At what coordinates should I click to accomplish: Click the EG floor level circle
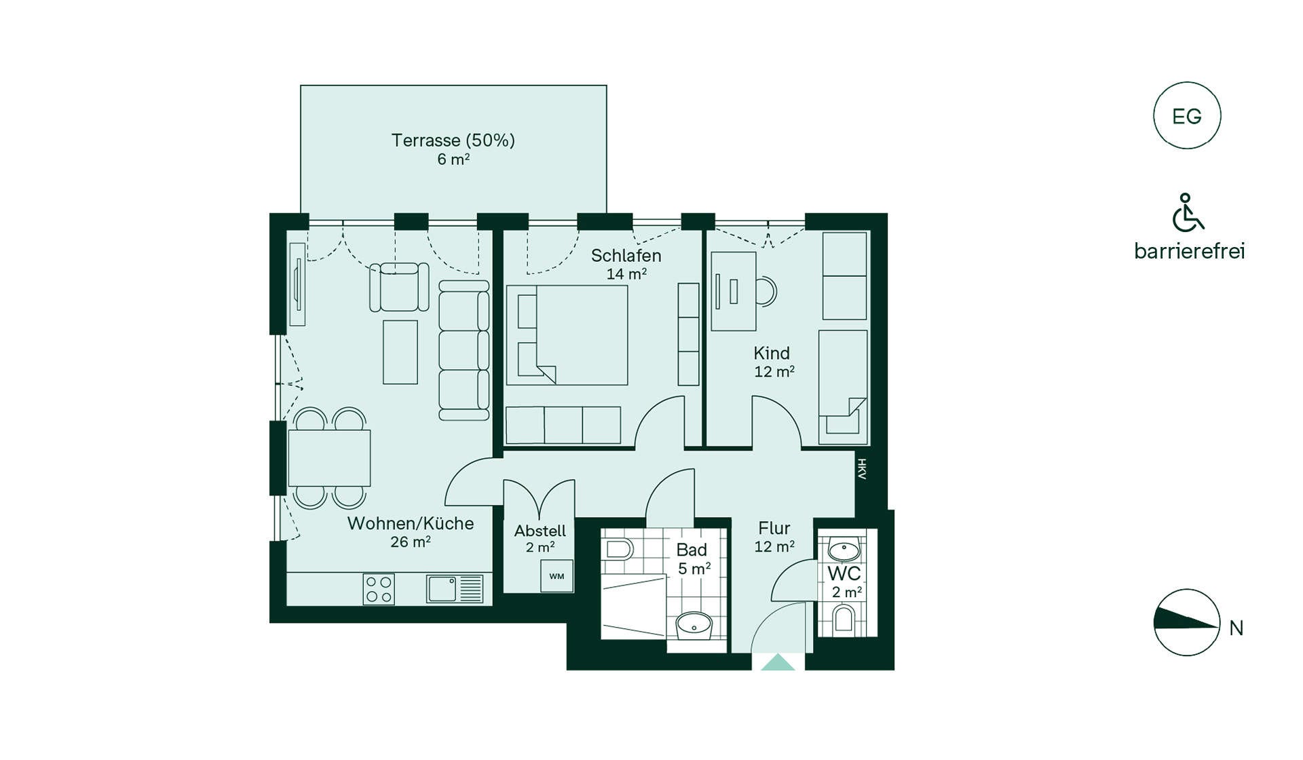tap(1187, 115)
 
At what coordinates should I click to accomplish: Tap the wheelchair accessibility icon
tap(1188, 212)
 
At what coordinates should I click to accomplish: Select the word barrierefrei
tap(1190, 251)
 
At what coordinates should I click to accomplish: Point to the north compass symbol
tap(1187, 622)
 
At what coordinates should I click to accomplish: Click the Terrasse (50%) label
tap(453, 140)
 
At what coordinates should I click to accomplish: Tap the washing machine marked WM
tap(556, 576)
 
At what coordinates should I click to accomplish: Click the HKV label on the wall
tap(862, 469)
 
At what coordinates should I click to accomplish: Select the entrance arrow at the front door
tap(778, 662)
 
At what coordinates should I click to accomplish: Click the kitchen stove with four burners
tap(379, 589)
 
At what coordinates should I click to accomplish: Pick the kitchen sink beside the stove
tap(455, 589)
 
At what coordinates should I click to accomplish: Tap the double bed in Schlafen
tap(567, 335)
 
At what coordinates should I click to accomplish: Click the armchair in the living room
tap(399, 287)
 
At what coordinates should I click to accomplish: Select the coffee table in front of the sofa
tap(400, 352)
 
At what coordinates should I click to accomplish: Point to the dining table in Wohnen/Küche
tap(329, 458)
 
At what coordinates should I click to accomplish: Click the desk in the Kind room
tap(734, 291)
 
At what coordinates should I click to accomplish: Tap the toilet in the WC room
tap(844, 619)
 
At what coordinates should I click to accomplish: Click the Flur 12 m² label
tap(774, 537)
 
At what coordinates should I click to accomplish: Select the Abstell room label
tap(540, 531)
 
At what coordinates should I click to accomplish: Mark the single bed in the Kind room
tap(843, 387)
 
